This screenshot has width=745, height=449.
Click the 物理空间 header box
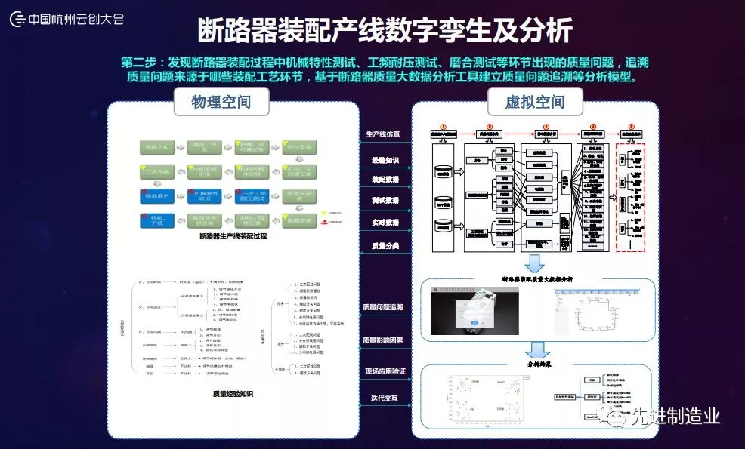[221, 101]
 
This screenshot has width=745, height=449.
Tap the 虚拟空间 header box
[534, 101]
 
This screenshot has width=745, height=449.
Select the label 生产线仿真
[384, 134]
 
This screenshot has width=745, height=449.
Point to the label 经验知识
[384, 160]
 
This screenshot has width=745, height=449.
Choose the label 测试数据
[384, 201]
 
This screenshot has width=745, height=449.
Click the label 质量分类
[384, 246]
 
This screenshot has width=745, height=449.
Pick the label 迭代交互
[384, 398]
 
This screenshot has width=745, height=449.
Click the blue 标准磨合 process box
[156, 195]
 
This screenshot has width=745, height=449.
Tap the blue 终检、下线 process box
[156, 220]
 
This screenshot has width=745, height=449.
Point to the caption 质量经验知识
[233, 393]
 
